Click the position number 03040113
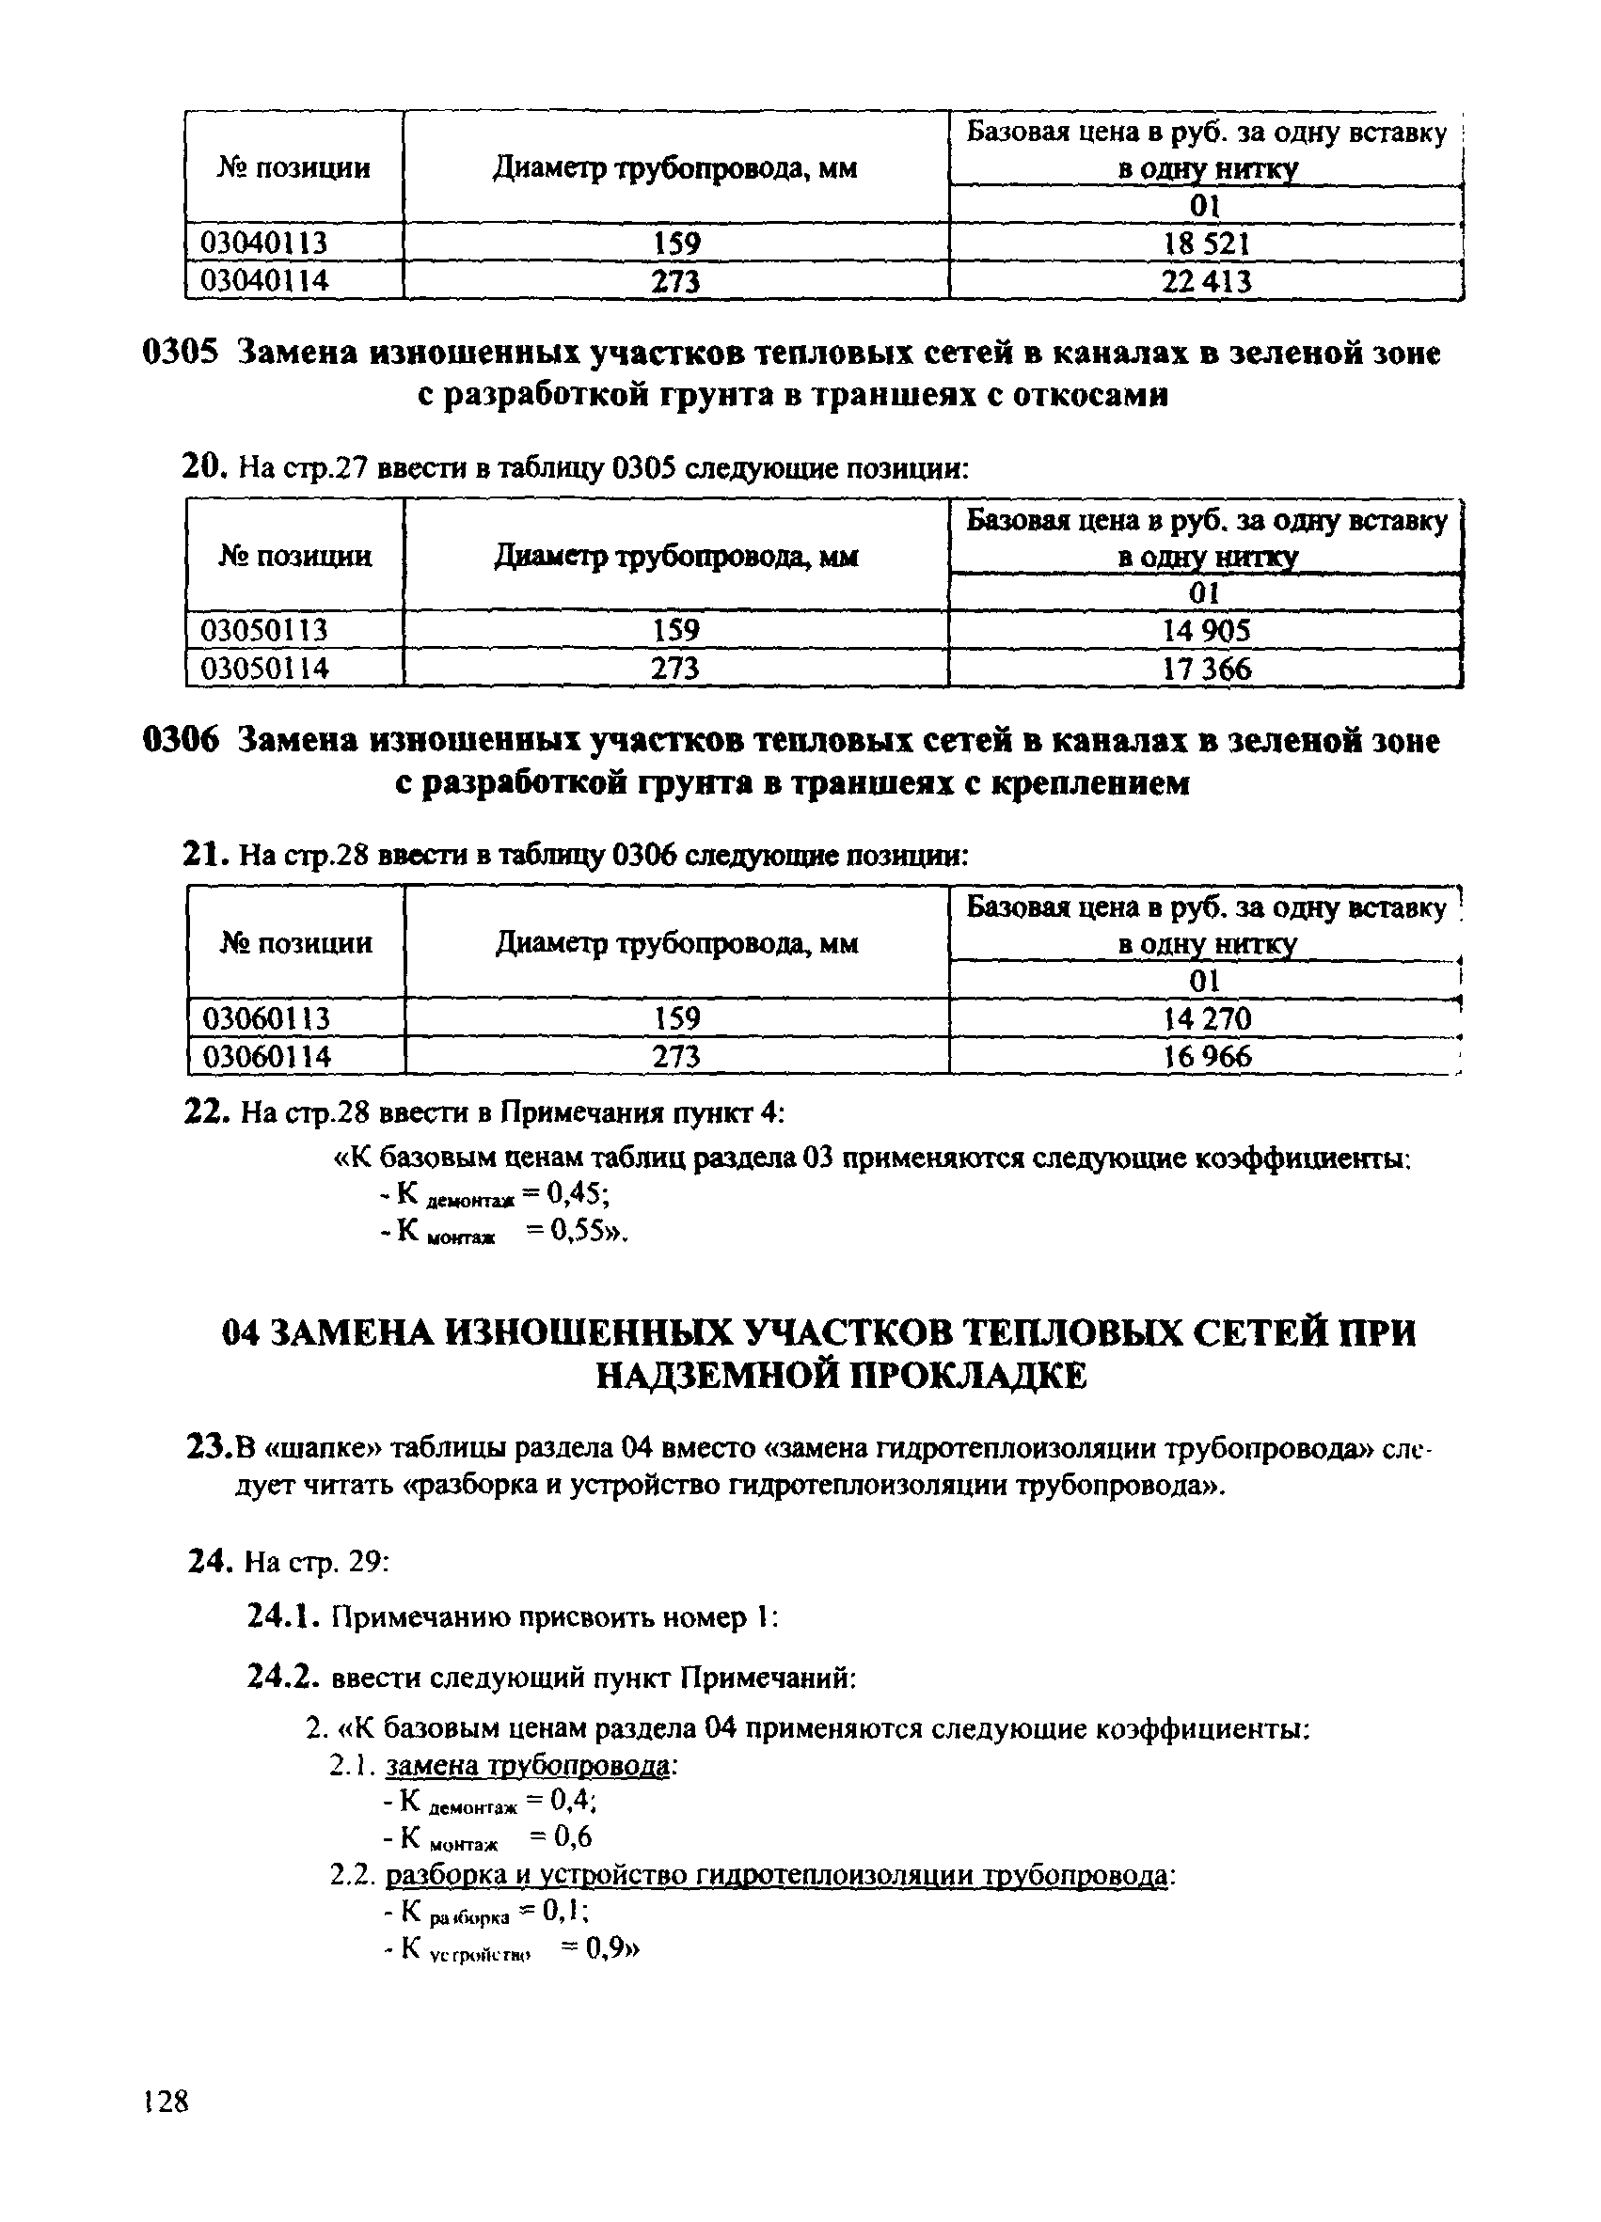[x=263, y=243]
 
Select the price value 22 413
[x=1206, y=282]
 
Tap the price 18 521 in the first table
[x=1206, y=243]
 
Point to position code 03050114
[x=263, y=670]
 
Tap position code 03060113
[x=265, y=1019]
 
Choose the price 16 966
[x=1206, y=1057]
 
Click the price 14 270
[x=1206, y=1019]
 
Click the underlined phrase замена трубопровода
[x=528, y=1764]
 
